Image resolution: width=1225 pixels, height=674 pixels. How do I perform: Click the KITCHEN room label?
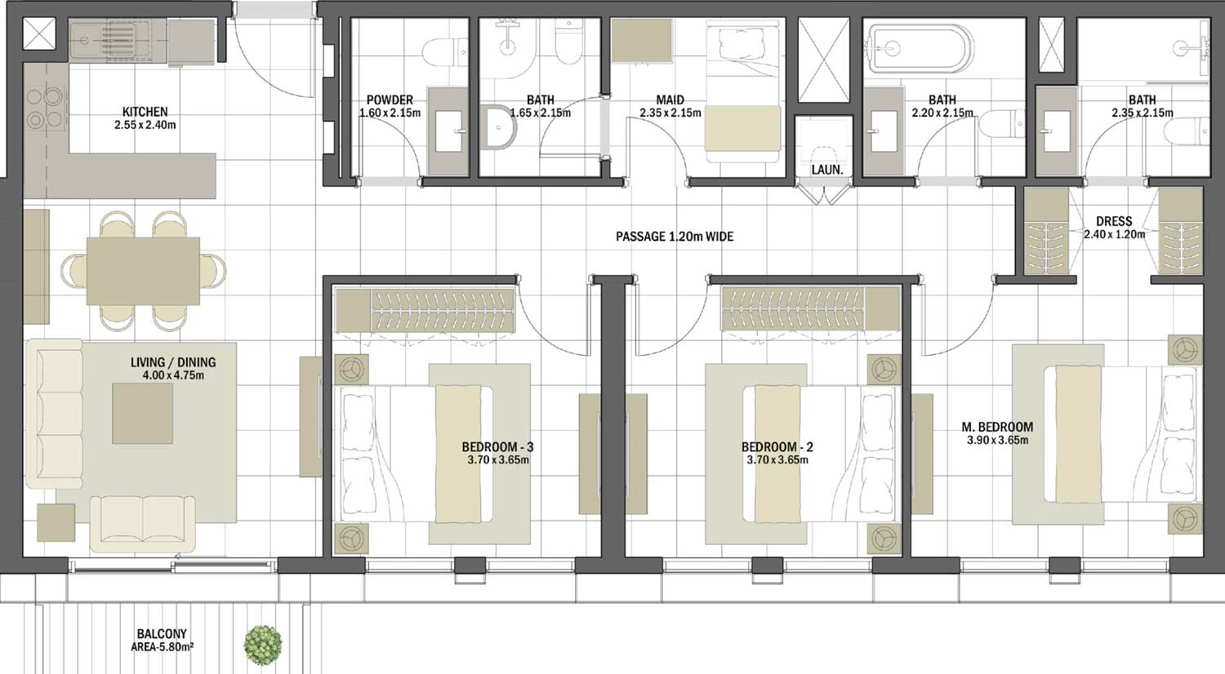(145, 112)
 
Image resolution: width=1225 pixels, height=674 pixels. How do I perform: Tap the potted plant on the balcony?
(263, 644)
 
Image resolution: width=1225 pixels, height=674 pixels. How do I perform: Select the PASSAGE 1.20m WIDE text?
(675, 237)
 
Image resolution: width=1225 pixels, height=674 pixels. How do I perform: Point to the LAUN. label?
(826, 170)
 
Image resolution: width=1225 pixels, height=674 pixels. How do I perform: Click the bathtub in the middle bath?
(919, 50)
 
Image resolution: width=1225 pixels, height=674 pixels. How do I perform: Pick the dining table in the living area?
(143, 270)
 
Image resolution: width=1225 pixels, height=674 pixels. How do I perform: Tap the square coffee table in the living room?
(142, 414)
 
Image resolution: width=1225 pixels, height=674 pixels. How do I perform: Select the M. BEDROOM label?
(996, 427)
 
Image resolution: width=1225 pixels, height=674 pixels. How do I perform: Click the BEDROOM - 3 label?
(497, 447)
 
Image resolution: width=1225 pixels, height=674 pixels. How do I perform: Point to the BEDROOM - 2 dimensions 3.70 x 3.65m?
(777, 460)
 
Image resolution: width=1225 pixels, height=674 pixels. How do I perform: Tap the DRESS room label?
(1114, 221)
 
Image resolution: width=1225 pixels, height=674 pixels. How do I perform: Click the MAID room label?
(670, 100)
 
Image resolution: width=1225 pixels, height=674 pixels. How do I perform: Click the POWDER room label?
(390, 100)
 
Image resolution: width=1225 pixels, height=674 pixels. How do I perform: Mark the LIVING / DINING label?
(173, 362)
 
